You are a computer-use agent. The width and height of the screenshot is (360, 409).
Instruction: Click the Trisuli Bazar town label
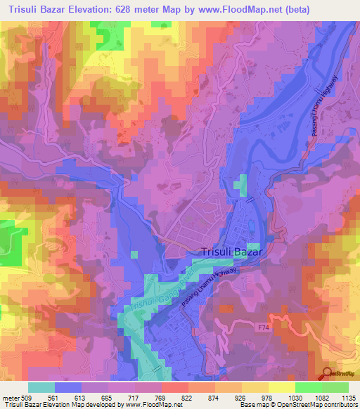[231, 252]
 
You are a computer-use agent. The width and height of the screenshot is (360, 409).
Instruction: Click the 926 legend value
[240, 396]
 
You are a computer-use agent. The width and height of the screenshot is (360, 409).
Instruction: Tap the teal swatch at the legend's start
[41, 387]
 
